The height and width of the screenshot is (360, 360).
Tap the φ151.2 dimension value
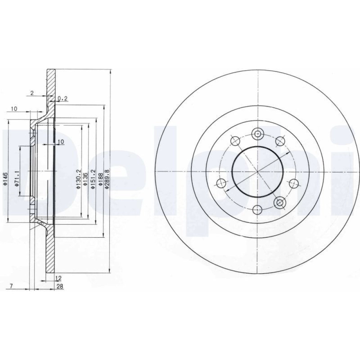(x=93, y=179)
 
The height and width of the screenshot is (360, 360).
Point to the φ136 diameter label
(x=85, y=179)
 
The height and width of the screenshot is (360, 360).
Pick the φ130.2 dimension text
(x=78, y=179)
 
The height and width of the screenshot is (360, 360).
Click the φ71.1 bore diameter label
(x=16, y=179)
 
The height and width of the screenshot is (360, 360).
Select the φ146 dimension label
(x=5, y=179)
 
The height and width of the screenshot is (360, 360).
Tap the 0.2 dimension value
(x=62, y=99)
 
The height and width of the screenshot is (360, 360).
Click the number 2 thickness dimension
(x=32, y=93)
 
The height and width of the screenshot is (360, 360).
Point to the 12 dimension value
(x=59, y=278)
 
